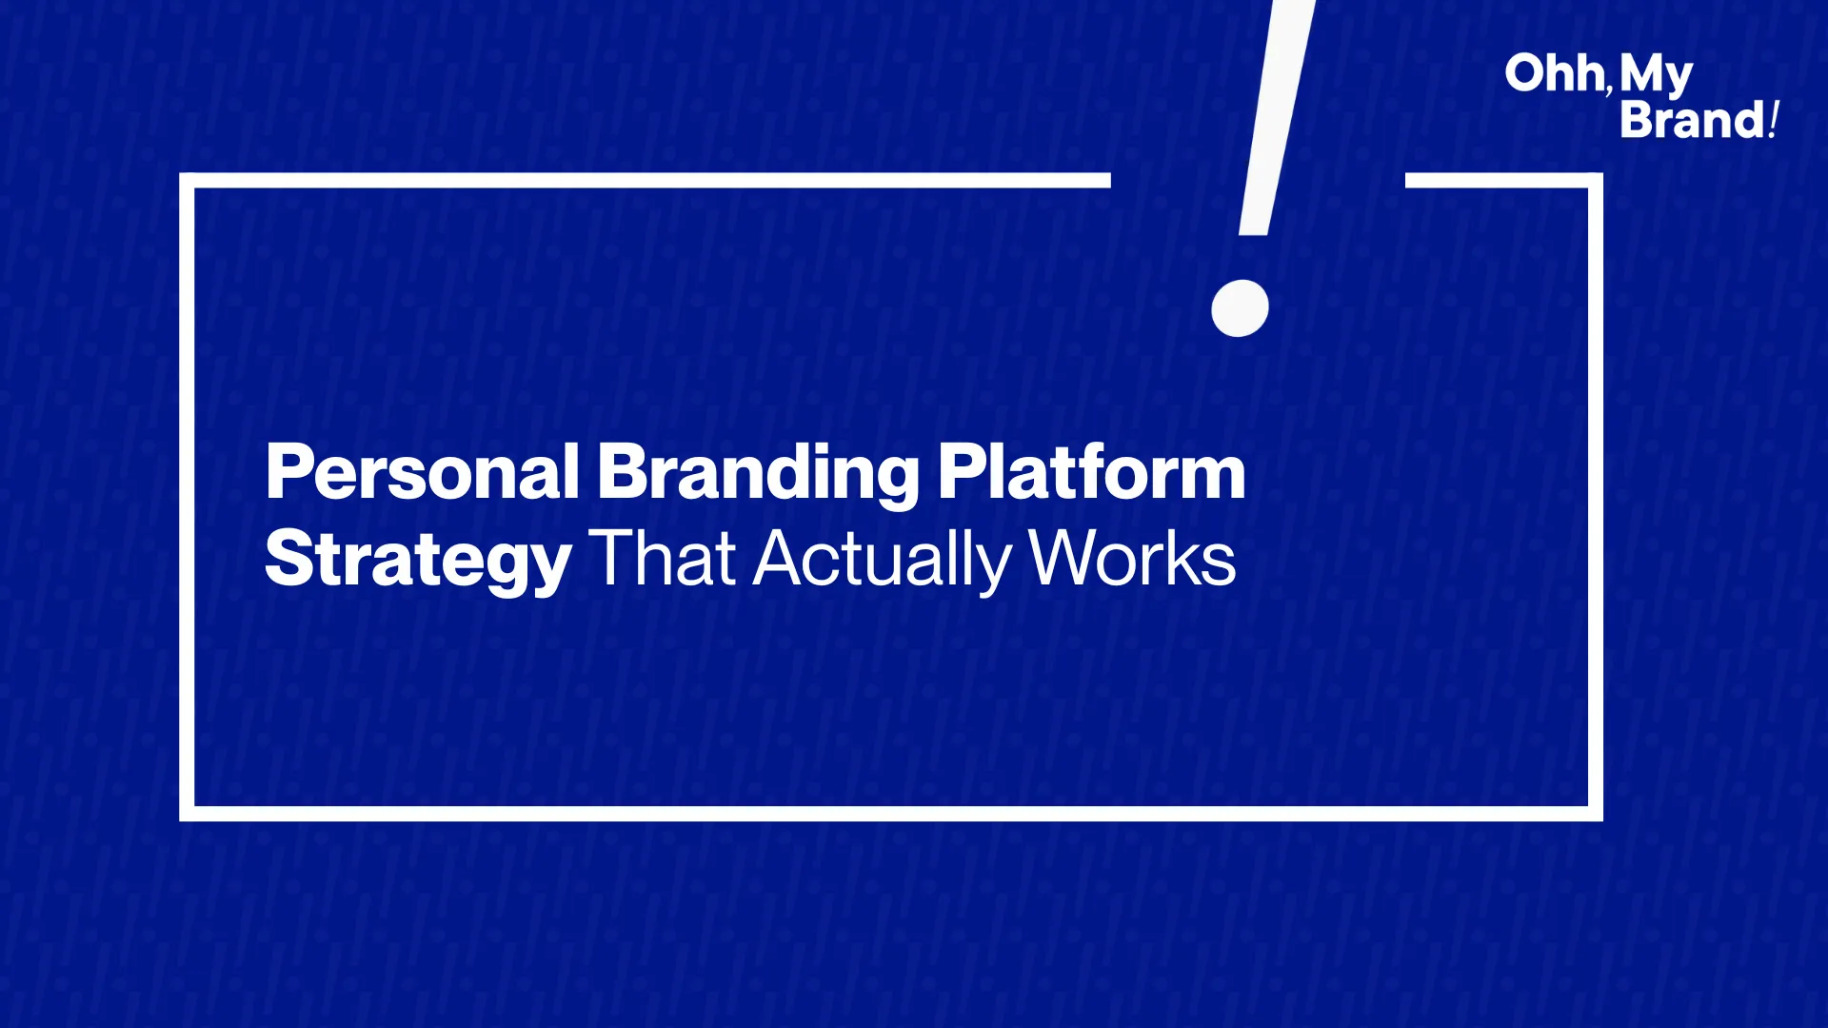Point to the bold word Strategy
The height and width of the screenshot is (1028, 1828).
click(x=418, y=562)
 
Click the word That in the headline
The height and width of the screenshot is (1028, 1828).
click(x=663, y=558)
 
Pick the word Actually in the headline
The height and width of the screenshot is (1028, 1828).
click(x=882, y=561)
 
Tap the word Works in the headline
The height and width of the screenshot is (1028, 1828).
click(x=1132, y=558)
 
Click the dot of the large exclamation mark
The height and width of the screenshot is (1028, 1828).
click(x=1240, y=307)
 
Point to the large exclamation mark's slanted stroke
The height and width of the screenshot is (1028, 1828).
click(x=1276, y=117)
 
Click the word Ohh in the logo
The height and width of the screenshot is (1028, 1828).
click(x=1555, y=73)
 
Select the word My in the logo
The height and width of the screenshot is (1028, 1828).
click(x=1656, y=76)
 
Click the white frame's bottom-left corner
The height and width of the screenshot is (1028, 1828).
click(x=187, y=814)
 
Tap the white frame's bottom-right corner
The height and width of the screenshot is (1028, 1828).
click(x=1596, y=814)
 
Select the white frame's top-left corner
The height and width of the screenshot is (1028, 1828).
click(x=187, y=180)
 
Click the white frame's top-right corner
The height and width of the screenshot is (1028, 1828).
click(x=1596, y=180)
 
